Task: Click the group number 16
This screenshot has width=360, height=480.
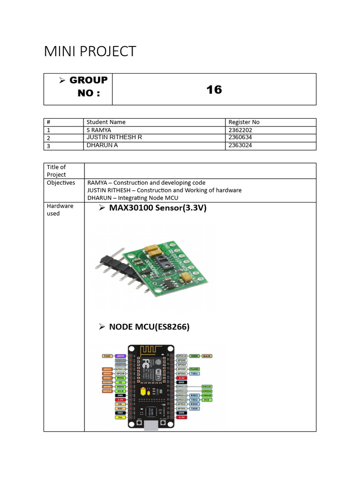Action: (x=214, y=90)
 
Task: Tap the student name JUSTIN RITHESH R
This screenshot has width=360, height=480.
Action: (x=114, y=137)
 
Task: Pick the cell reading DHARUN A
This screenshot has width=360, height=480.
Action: (x=102, y=145)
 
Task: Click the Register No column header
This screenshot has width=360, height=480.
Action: (x=244, y=122)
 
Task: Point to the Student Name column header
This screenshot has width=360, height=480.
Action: (x=106, y=122)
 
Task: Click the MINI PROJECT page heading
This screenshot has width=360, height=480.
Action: (x=90, y=52)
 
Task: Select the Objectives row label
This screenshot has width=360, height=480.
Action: (x=61, y=183)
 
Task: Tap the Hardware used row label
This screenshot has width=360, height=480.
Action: (x=53, y=210)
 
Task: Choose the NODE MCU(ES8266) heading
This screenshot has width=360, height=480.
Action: (x=149, y=327)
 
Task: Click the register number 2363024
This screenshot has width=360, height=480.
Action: (x=241, y=145)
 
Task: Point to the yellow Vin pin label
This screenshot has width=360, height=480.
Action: (x=120, y=417)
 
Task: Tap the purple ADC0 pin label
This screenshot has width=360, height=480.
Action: (x=120, y=356)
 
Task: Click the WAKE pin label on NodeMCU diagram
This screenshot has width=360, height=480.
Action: (x=207, y=356)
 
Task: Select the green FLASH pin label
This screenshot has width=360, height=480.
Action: (x=195, y=369)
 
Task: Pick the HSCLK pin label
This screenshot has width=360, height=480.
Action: (x=207, y=387)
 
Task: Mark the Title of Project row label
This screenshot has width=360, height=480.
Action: (x=56, y=171)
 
